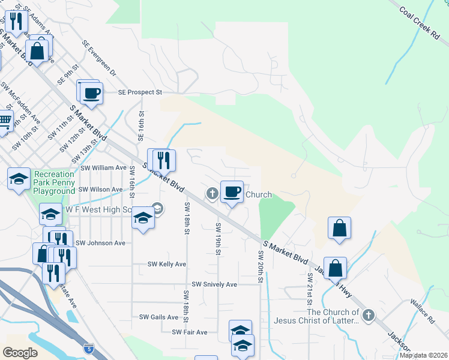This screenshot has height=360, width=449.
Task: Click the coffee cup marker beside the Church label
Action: pos(232,192)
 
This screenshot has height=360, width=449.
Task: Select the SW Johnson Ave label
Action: pos(100,243)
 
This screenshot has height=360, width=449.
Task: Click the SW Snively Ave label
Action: pos(214,284)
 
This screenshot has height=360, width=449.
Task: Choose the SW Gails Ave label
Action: pos(159,317)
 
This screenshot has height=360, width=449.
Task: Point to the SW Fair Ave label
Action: pos(189,332)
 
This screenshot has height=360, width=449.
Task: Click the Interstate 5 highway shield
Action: pos(89,348)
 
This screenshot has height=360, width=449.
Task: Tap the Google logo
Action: pos(20,353)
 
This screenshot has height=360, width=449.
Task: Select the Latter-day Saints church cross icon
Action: pos(369,314)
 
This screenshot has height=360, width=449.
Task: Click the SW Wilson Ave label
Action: pos(100,189)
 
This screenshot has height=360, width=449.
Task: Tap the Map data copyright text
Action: pos(423,355)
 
